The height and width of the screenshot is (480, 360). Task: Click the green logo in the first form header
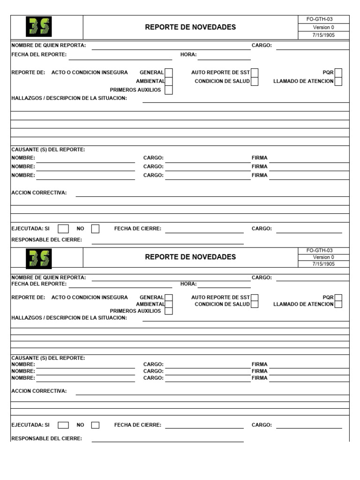pos(39,27)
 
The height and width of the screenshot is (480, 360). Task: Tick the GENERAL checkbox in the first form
pos(169,73)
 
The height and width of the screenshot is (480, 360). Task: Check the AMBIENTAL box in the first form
pos(169,81)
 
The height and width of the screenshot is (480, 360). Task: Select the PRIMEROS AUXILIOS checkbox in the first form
pos(169,90)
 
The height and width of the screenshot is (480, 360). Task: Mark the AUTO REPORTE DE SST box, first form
pos(255,73)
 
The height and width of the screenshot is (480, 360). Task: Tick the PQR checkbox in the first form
pos(338,73)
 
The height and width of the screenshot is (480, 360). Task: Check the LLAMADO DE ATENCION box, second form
pos(338,304)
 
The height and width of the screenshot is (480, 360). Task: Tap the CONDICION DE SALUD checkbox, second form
pos(255,304)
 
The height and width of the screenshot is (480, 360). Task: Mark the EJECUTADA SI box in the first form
pos(63,229)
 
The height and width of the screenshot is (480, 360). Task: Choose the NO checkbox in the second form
pos(95,425)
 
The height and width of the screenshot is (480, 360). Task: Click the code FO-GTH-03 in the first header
pos(323,19)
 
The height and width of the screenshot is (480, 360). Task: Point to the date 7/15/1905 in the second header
pos(323,264)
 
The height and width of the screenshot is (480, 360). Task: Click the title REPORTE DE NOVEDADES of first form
pos(190,27)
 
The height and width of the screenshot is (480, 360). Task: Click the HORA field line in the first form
pos(224,58)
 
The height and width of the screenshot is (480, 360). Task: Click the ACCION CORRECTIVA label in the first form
pos(39,193)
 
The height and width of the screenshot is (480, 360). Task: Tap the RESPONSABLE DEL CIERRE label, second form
pos(46,439)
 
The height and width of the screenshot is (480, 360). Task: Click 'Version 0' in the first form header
pos(323,27)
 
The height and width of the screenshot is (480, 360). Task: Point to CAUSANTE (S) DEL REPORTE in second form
pos(48,358)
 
